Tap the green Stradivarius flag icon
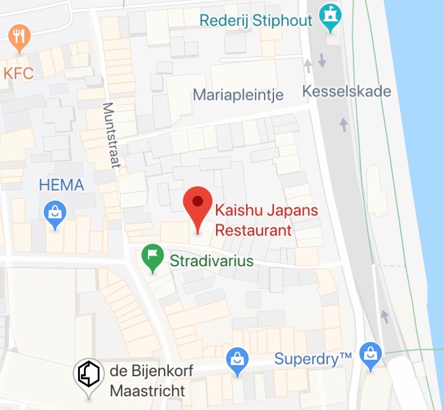(x=153, y=258)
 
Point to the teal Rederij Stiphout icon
(x=327, y=20)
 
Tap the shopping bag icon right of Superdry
(x=371, y=356)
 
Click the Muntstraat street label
(x=111, y=135)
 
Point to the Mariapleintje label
(x=239, y=95)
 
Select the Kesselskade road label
(x=346, y=92)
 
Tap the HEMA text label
(x=62, y=185)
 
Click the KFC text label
(x=18, y=73)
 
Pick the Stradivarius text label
(x=211, y=261)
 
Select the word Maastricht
(x=147, y=390)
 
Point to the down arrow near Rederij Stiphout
(x=322, y=60)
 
